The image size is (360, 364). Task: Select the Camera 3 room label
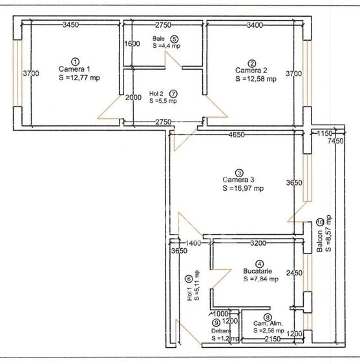tap(239, 180)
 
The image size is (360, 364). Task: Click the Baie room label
tap(158, 38)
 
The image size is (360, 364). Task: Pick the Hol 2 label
tap(155, 93)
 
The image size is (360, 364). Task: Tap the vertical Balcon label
tap(320, 252)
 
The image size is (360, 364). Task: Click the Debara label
tap(220, 330)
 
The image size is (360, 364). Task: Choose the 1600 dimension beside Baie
tap(131, 44)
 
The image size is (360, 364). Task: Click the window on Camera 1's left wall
tap(19, 74)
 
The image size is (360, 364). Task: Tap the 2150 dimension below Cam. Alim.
tap(272, 338)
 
